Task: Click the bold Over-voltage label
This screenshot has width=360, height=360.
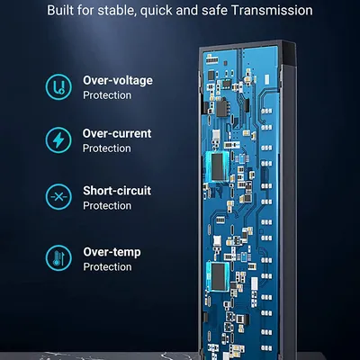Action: click(x=117, y=80)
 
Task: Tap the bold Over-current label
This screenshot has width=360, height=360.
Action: click(x=117, y=134)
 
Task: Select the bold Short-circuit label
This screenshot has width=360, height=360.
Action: click(x=117, y=191)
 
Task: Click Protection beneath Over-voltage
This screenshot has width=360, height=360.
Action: click(x=107, y=94)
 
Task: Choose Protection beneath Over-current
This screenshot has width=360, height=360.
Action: click(x=107, y=148)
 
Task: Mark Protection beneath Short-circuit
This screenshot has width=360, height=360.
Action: click(x=107, y=205)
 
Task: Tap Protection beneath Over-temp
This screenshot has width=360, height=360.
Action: click(x=107, y=266)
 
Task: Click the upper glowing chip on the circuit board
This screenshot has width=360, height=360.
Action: click(x=219, y=165)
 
